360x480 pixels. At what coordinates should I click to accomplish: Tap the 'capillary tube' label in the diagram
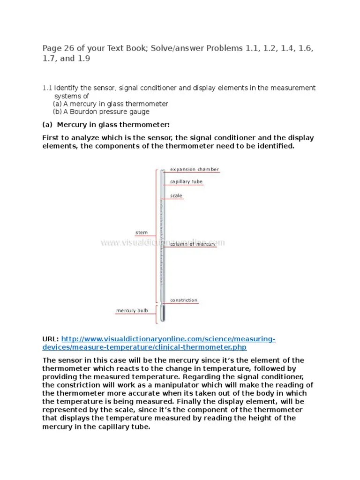pyautogui.click(x=186, y=182)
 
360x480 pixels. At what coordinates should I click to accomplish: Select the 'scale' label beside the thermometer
pyautogui.click(x=176, y=196)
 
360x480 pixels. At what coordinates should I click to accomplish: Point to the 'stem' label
pyautogui.click(x=141, y=232)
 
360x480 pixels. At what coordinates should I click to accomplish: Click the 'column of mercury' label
pyautogui.click(x=193, y=244)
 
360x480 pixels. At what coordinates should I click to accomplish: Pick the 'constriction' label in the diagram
pyautogui.click(x=184, y=300)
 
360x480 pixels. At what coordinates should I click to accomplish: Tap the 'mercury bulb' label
pyautogui.click(x=132, y=311)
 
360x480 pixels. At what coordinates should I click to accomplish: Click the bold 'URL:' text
pyautogui.click(x=51, y=339)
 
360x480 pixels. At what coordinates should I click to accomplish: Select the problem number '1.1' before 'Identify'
pyautogui.click(x=47, y=88)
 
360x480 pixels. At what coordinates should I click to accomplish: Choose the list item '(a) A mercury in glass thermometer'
pyautogui.click(x=110, y=104)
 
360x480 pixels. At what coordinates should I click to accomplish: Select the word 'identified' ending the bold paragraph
pyautogui.click(x=274, y=146)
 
